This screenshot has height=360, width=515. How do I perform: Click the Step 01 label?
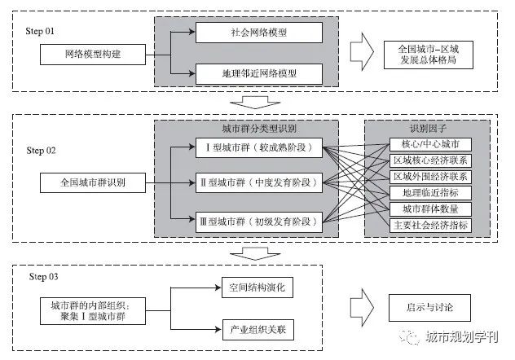[42, 30]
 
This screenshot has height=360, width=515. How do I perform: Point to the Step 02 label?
[42, 151]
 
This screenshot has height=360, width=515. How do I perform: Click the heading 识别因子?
[426, 130]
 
